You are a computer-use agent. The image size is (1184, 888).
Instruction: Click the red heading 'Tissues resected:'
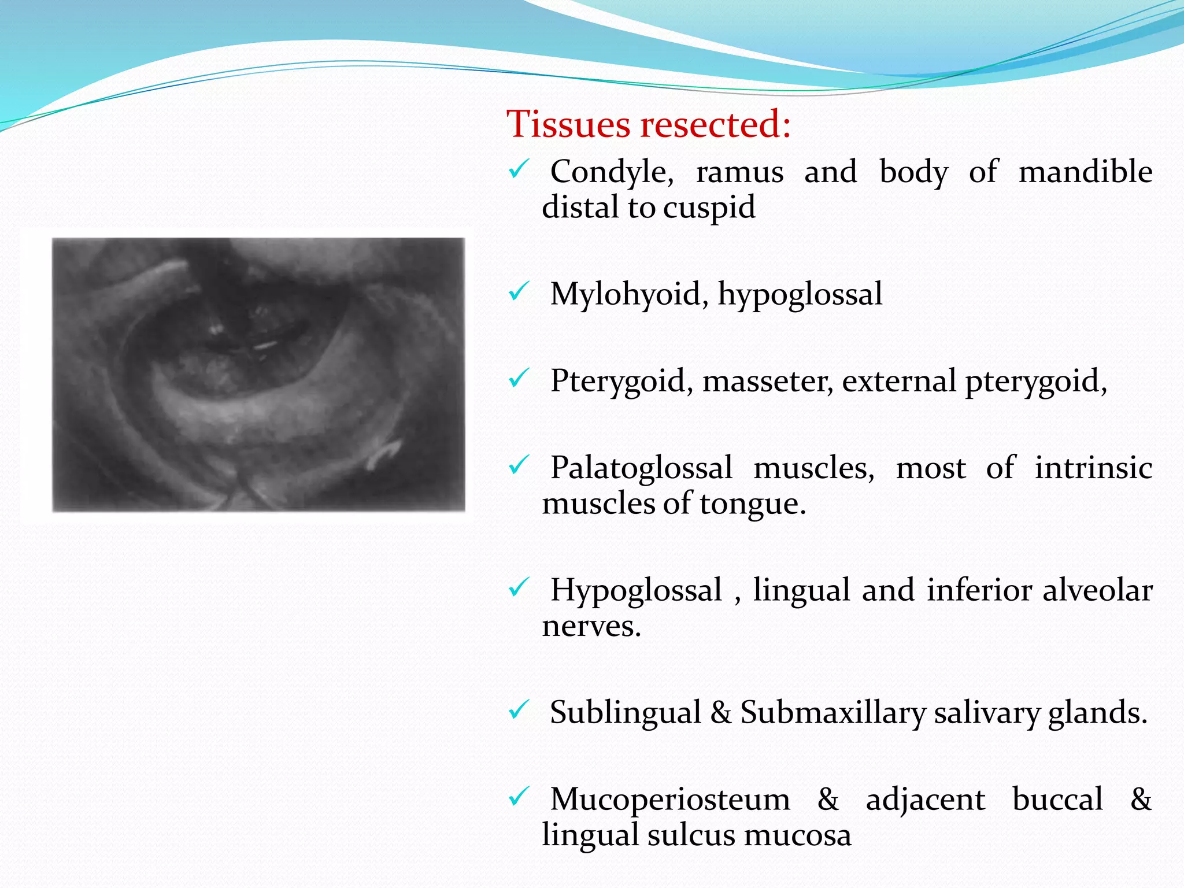(x=648, y=124)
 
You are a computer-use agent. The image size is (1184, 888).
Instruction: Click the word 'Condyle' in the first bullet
(x=612, y=172)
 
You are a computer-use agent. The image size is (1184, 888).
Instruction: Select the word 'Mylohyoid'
(x=626, y=294)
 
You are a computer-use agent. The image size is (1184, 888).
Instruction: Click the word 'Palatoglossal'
(x=641, y=468)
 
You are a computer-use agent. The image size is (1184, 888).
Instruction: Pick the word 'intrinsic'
(x=1093, y=468)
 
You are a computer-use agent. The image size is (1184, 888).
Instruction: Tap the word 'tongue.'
(x=753, y=504)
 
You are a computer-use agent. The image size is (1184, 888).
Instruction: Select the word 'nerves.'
(x=591, y=626)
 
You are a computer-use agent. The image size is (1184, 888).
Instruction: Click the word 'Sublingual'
(x=625, y=712)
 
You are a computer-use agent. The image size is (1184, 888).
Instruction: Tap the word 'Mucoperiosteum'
(x=670, y=800)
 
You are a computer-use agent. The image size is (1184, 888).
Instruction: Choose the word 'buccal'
(x=1057, y=800)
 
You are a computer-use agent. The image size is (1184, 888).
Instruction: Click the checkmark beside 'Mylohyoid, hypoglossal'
(x=519, y=292)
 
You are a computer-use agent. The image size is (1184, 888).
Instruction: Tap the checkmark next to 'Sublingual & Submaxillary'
(x=519, y=710)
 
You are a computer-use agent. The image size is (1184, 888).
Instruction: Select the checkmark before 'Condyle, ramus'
(x=519, y=169)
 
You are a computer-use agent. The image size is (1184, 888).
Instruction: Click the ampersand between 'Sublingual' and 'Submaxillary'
(x=721, y=712)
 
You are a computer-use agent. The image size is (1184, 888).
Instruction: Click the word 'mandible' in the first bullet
(x=1085, y=172)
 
